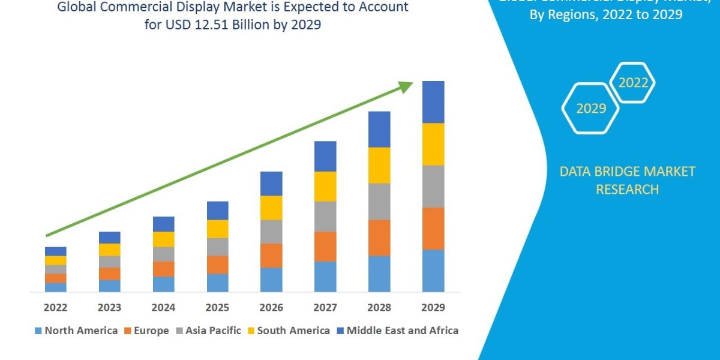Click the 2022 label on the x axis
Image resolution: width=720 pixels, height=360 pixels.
[55, 308]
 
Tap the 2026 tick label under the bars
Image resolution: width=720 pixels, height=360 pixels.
[271, 308]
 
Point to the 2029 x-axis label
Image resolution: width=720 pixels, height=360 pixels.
[433, 308]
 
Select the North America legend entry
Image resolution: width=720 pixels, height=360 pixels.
[76, 331]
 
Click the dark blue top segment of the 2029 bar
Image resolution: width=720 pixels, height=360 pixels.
[433, 102]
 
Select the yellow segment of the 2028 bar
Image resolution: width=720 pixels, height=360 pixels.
[379, 165]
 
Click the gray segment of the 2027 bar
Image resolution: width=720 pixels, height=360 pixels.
[325, 216]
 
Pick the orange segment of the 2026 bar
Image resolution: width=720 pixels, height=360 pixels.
[271, 255]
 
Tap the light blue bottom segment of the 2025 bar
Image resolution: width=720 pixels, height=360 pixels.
[217, 283]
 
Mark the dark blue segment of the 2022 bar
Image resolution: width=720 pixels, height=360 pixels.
[55, 251]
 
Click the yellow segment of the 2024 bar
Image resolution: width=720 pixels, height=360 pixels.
[163, 239]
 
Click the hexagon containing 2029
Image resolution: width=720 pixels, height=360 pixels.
[590, 109]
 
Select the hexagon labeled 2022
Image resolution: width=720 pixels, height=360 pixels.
[632, 83]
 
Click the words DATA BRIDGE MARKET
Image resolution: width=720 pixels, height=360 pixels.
[619, 172]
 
